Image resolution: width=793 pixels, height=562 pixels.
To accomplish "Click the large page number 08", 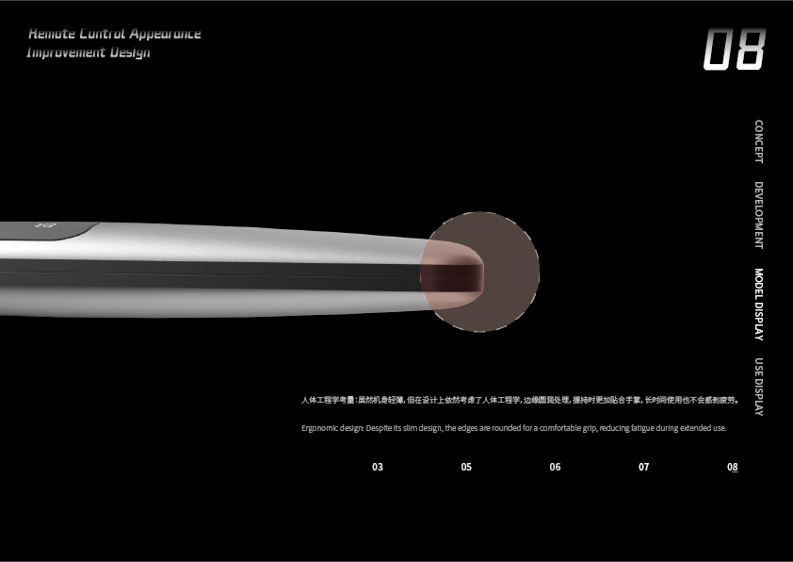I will pos(735,50).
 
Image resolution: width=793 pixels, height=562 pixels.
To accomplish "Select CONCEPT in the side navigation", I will pos(759,141).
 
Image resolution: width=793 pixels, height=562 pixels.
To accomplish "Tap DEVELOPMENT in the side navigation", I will pos(759,215).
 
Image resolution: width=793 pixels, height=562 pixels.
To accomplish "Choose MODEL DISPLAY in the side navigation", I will pos(759,305).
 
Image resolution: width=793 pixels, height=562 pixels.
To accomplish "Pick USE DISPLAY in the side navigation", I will pos(759,388).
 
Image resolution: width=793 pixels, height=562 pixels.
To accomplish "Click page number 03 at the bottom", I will pos(378,467).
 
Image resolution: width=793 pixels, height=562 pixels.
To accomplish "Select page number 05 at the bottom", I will pos(466,467).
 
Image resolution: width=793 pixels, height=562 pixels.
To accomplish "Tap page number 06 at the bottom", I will pos(555,467).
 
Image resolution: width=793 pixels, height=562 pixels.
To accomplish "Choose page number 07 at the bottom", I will pos(643,467).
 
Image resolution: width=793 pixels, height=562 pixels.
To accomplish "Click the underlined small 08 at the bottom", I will pos(732,467).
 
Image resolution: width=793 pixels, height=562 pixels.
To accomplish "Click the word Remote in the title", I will pos(51,34).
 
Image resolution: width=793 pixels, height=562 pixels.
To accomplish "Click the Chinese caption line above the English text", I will pos(519,400).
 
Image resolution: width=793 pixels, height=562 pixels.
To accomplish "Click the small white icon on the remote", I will pos(40,226).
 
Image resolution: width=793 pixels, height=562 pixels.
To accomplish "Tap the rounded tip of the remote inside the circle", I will pos(457,273).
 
